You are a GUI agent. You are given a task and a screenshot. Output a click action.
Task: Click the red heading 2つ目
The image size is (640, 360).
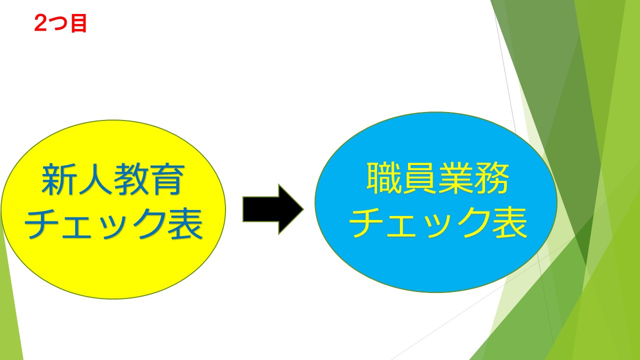pos(60,23)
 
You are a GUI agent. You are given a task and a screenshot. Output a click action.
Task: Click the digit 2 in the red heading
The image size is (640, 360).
pos(40,23)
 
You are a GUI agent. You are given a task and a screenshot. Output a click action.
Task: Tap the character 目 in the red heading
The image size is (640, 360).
pos(78,23)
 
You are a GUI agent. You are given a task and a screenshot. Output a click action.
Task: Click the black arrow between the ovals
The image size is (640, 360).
pos(273,209)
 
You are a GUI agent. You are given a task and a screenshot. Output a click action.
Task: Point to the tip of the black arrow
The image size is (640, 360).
pos(303,209)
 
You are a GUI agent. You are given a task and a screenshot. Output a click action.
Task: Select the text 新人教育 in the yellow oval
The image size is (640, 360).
pos(113,179)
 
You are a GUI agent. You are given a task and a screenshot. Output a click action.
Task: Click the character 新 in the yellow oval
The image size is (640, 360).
pos(59,179)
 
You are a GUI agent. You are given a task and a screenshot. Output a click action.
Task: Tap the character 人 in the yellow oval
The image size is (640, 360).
pos(95,179)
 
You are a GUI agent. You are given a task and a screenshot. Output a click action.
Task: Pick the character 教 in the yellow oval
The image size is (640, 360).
pos(131,179)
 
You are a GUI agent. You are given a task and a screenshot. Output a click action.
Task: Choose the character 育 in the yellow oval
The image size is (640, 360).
pos(167,180)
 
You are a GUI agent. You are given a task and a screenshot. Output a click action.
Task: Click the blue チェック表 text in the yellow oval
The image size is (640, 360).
pos(113,223)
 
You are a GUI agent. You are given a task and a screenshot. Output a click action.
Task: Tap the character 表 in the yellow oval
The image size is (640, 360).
pos(185,223)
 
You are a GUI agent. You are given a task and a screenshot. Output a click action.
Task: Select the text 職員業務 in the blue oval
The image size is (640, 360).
pos(437,178)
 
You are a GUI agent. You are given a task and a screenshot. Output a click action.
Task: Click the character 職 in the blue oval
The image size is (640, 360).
pos(384,178)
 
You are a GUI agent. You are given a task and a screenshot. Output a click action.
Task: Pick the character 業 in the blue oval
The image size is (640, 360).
pos(456,178)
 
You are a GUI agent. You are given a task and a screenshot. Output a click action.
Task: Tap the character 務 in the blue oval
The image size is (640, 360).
pos(492,178)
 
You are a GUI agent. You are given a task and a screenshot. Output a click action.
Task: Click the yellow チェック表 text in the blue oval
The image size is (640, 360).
pos(438,222)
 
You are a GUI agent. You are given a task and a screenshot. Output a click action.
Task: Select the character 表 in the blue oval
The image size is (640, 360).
pos(509,222)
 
